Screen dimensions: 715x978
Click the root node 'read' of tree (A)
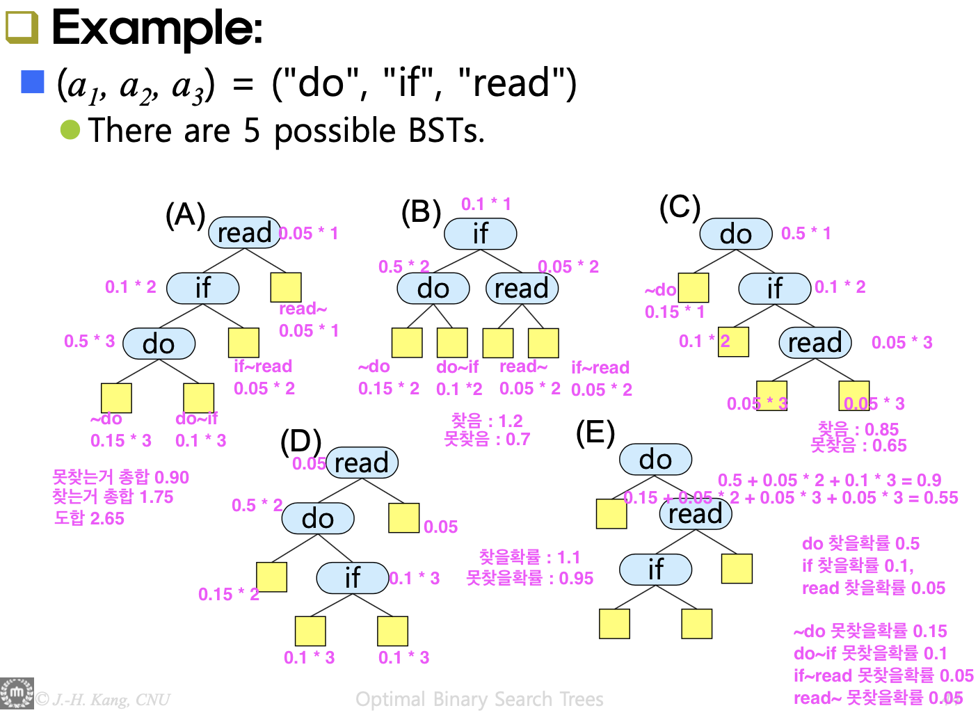click(x=244, y=232)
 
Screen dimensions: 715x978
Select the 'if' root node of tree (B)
click(x=480, y=233)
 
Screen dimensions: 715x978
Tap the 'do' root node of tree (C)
click(x=735, y=233)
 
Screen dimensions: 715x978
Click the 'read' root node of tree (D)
click(x=361, y=463)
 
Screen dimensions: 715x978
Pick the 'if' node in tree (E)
click(x=655, y=569)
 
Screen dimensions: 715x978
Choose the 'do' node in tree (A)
click(x=159, y=344)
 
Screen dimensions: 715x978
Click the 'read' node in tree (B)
click(x=522, y=288)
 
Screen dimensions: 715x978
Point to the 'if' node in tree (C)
click(x=774, y=288)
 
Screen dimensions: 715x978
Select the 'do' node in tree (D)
click(x=318, y=518)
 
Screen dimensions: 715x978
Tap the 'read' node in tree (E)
click(x=695, y=514)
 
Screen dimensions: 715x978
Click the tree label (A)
click(x=185, y=214)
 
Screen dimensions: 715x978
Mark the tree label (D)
click(x=300, y=442)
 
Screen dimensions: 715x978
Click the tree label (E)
click(x=595, y=432)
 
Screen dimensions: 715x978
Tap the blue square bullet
click(x=33, y=82)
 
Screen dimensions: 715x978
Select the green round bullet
click(x=70, y=129)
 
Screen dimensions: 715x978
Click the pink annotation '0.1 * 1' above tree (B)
click(x=486, y=204)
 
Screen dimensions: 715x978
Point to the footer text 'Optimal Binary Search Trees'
click(x=479, y=699)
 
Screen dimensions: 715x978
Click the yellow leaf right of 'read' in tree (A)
click(x=285, y=287)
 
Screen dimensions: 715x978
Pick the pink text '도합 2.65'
click(x=89, y=518)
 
